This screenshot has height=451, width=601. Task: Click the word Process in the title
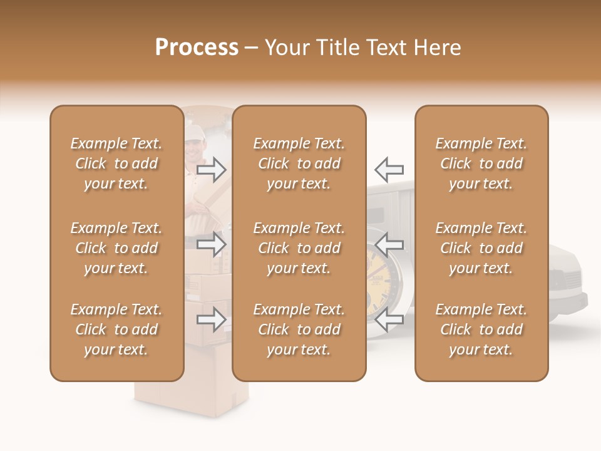pyautogui.click(x=197, y=48)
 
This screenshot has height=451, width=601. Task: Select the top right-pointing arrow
pyautogui.click(x=212, y=169)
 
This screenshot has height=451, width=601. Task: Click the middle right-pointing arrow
pyautogui.click(x=212, y=244)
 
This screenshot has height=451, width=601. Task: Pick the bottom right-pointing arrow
pyautogui.click(x=212, y=319)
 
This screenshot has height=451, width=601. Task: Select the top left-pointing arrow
pyautogui.click(x=389, y=169)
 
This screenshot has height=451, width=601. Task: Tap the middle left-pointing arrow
pyautogui.click(x=389, y=244)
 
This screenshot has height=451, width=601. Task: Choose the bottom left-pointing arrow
pyautogui.click(x=389, y=319)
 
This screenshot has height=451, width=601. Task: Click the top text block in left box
pyautogui.click(x=116, y=163)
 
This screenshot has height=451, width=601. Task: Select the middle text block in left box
pyautogui.click(x=116, y=248)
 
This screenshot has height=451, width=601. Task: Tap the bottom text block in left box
pyautogui.click(x=116, y=329)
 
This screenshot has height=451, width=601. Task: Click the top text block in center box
pyautogui.click(x=299, y=163)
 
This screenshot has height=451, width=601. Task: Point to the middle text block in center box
pyautogui.click(x=299, y=248)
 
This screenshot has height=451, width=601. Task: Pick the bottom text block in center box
pyautogui.click(x=299, y=329)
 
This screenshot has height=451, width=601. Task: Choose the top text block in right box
pyautogui.click(x=481, y=163)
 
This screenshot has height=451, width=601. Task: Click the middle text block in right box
pyautogui.click(x=481, y=248)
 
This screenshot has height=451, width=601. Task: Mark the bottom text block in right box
pyautogui.click(x=481, y=329)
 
